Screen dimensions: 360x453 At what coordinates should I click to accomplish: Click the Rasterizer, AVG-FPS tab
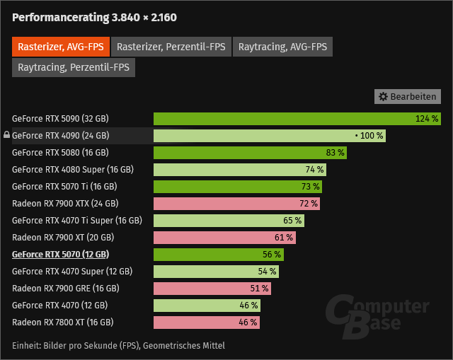pos(59,47)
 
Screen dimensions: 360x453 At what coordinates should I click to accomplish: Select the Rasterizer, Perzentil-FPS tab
pos(171,47)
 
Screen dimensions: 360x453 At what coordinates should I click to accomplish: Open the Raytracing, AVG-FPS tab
pos(282,47)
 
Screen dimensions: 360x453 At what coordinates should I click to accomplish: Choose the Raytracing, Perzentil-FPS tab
pos(74,67)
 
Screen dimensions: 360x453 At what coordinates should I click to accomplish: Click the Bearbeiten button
pos(407,96)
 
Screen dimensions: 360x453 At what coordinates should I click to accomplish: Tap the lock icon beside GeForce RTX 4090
pos(6,135)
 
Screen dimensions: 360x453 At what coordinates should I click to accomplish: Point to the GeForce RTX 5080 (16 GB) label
pos(60,152)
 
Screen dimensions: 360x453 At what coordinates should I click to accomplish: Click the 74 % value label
pos(315,170)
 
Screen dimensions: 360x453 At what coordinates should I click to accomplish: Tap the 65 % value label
pos(293,221)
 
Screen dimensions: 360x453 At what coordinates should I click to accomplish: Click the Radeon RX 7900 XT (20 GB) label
pos(63,238)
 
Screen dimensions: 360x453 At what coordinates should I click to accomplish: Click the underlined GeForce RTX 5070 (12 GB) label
pos(60,255)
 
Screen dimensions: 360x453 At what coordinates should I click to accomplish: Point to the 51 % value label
pos(260,289)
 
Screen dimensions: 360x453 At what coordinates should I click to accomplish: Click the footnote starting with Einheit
pos(118,346)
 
